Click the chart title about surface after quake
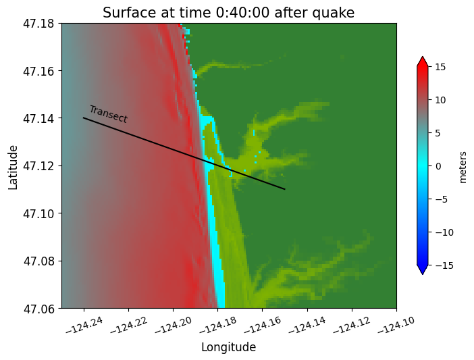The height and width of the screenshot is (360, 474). click(x=228, y=13)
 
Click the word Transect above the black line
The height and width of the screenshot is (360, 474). click(x=108, y=114)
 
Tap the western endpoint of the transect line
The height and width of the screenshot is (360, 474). click(x=84, y=118)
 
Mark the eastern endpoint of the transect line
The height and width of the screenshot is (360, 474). click(x=285, y=189)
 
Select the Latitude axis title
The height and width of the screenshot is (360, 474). click(x=13, y=165)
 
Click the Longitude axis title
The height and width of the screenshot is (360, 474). click(x=228, y=347)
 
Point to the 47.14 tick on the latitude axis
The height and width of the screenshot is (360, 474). click(x=41, y=118)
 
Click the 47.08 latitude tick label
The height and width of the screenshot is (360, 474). click(x=41, y=261)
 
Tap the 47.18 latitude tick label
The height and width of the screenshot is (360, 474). click(x=41, y=24)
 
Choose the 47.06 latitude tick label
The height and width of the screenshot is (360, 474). click(x=41, y=308)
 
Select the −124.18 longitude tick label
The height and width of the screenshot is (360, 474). click(x=215, y=326)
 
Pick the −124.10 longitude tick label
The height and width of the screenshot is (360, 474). click(x=394, y=326)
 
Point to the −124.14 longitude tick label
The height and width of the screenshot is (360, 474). click(x=305, y=326)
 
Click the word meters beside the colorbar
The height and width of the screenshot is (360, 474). click(x=463, y=166)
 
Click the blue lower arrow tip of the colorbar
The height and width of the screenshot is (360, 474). click(x=423, y=272)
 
